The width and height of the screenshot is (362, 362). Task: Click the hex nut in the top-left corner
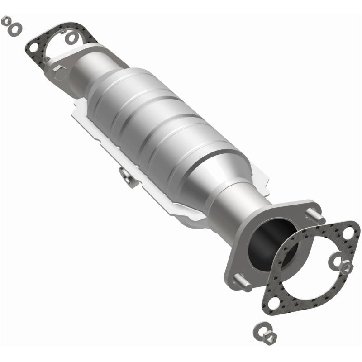click(6, 20)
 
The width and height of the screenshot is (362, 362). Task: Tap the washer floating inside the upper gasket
click(71, 38)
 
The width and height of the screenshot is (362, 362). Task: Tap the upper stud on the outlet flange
click(315, 214)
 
